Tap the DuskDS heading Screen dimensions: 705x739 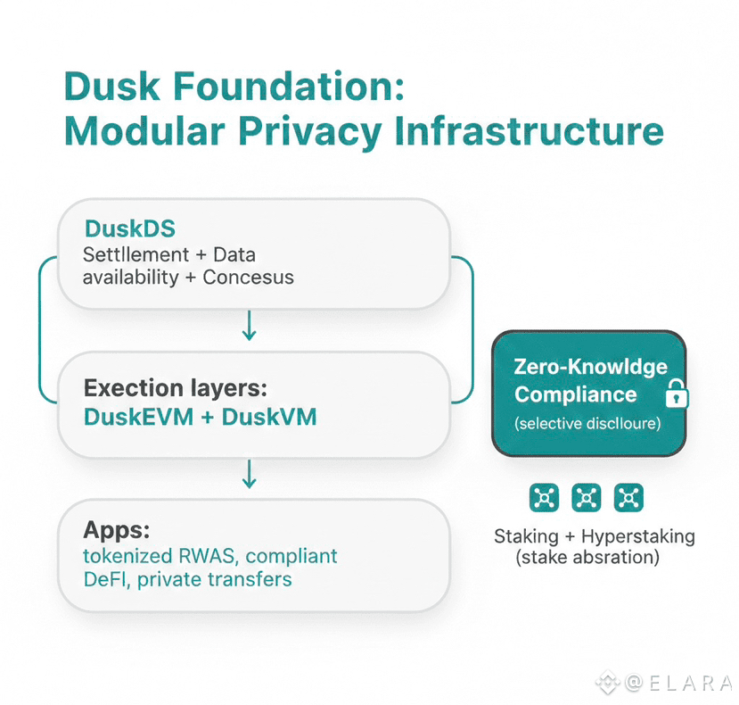pyautogui.click(x=130, y=228)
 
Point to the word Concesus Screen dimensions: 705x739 pyautogui.click(x=248, y=277)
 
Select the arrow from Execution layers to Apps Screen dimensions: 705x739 pyautogui.click(x=250, y=475)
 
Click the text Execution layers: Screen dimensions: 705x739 pyautogui.click(x=176, y=388)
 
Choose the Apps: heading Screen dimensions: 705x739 pyautogui.click(x=113, y=529)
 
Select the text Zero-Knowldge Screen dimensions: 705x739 pyautogui.click(x=590, y=367)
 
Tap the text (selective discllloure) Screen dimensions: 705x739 pyautogui.click(x=587, y=424)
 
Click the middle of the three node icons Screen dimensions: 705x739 pyautogui.click(x=587, y=497)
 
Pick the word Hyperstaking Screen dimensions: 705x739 pyautogui.click(x=637, y=536)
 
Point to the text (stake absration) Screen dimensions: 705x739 pyautogui.click(x=587, y=558)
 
